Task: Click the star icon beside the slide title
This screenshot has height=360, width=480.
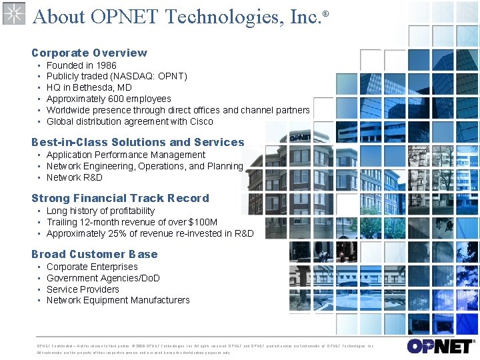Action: click(x=13, y=13)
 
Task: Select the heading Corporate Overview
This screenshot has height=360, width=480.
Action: click(x=89, y=53)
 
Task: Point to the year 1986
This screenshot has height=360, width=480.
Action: click(x=106, y=65)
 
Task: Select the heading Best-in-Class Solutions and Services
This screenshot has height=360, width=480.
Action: click(x=137, y=142)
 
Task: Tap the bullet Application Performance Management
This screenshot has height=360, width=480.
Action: click(x=125, y=155)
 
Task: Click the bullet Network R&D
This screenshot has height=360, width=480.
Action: click(x=74, y=177)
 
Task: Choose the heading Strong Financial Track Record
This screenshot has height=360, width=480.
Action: click(x=120, y=198)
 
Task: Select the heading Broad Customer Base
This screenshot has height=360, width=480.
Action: click(x=94, y=254)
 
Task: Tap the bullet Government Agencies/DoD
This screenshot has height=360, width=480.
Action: click(x=103, y=278)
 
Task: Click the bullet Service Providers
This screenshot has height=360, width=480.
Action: click(x=83, y=289)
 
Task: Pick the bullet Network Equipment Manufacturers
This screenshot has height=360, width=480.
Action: click(x=118, y=300)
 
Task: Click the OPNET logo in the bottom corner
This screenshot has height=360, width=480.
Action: click(x=439, y=345)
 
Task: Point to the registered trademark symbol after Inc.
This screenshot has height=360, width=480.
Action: click(x=326, y=13)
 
